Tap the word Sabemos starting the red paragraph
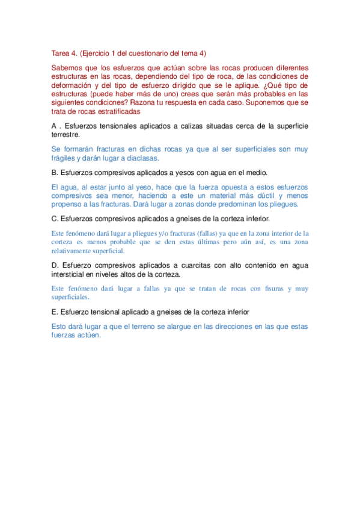point(69,68)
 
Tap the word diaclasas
point(140,158)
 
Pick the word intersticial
point(70,274)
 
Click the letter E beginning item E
point(55,312)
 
